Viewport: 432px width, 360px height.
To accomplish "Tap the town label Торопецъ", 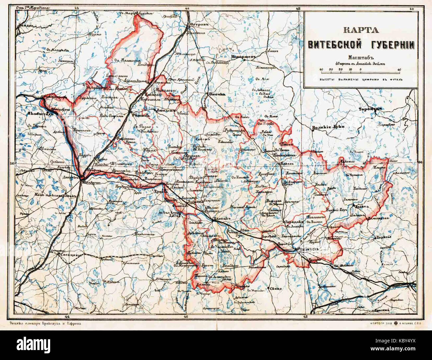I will coord(369,109).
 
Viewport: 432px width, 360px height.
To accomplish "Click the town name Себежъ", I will coord(201,140).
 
